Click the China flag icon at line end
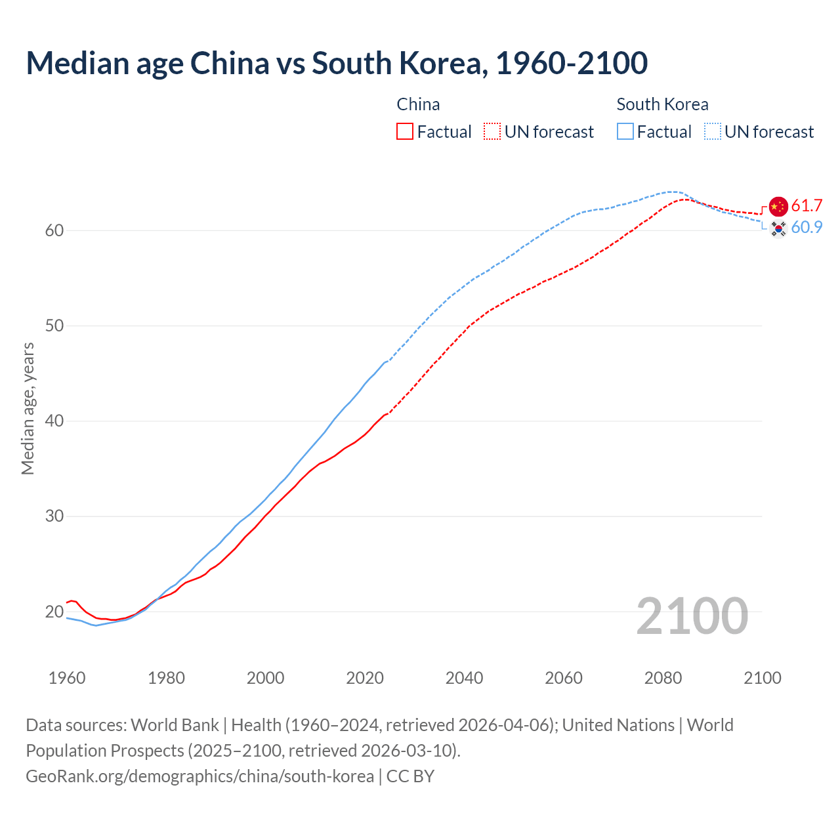778,206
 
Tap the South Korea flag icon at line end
778,228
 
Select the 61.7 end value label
807,206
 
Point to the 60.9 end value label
807,228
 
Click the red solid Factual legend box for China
405,132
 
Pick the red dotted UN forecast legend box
492,132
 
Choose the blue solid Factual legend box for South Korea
625,132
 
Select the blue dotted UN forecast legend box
713,132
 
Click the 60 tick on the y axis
54,230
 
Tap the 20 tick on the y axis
54,612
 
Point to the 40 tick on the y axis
54,421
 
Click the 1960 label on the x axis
67,678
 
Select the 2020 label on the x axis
365,678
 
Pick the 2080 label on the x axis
663,678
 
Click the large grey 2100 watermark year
692,616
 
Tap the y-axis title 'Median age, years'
28,408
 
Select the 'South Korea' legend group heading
662,104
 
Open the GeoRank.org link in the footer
199,776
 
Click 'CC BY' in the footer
410,776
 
